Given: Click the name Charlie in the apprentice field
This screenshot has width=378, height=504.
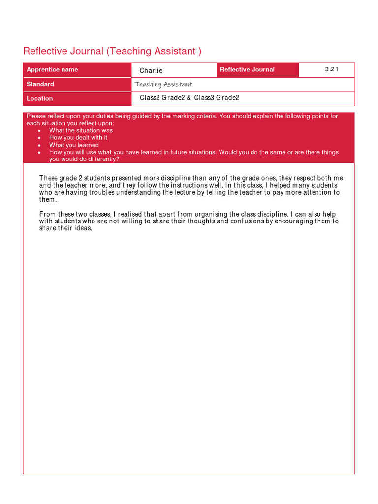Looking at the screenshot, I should pyautogui.click(x=151, y=70).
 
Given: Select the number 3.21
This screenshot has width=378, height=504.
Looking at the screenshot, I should pyautogui.click(x=332, y=69).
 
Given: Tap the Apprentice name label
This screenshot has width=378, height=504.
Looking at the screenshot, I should pyautogui.click(x=52, y=69).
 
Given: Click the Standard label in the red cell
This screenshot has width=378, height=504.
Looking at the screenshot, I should pyautogui.click(x=40, y=84).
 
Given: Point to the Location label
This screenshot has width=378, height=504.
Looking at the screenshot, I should pyautogui.click(x=40, y=98).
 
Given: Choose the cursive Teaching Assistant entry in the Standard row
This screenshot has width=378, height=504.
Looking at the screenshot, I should pyautogui.click(x=163, y=84).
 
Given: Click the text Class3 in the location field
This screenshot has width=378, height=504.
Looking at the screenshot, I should pyautogui.click(x=204, y=98).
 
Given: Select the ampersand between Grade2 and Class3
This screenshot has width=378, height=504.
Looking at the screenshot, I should pyautogui.click(x=189, y=98).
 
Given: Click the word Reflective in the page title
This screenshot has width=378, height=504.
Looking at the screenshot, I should pyautogui.click(x=46, y=51).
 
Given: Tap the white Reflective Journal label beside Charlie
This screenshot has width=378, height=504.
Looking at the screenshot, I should pyautogui.click(x=247, y=69).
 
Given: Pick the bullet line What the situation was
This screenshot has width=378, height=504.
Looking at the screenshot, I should pyautogui.click(x=81, y=130).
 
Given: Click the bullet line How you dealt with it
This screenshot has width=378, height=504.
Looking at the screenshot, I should pyautogui.click(x=78, y=138).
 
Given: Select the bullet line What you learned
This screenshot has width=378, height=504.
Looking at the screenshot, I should pyautogui.click(x=74, y=145).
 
